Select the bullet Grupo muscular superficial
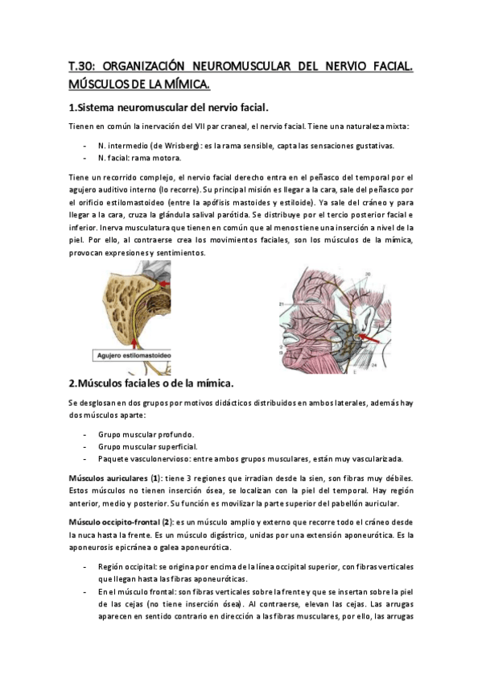click(x=146, y=446)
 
